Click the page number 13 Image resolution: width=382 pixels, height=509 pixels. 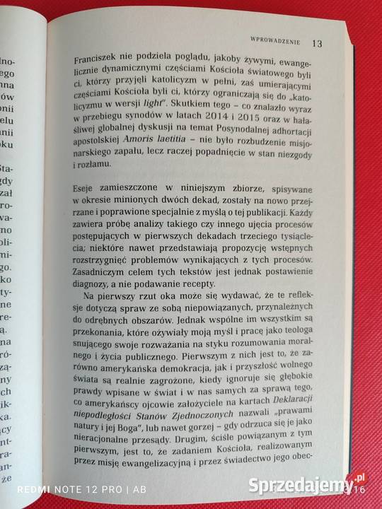[316, 43]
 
